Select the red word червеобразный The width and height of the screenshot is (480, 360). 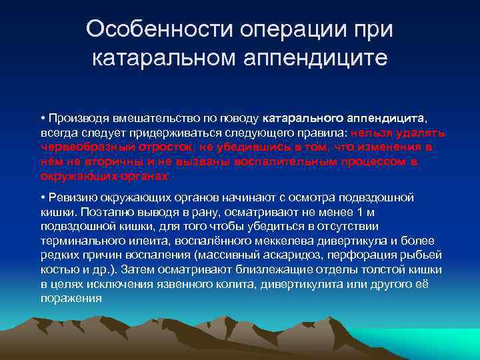point(79,147)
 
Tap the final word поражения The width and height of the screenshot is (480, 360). point(71,298)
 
